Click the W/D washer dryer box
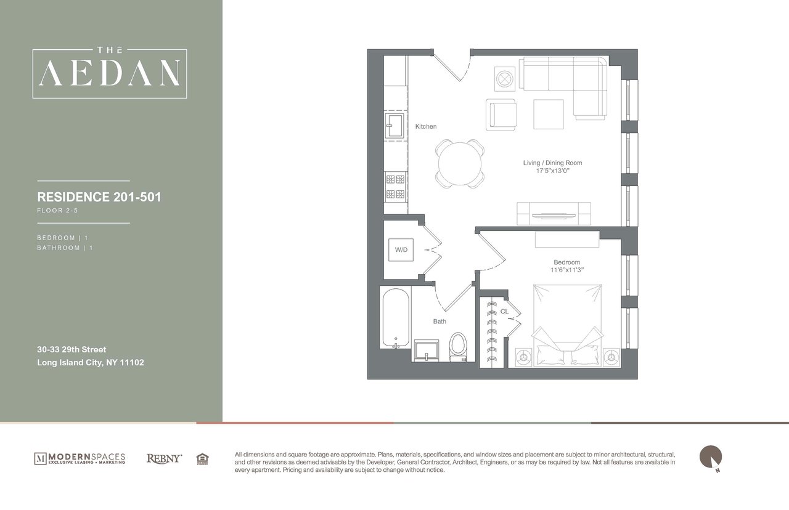pyautogui.click(x=401, y=249)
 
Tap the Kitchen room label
pyautogui.click(x=425, y=126)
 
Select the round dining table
pyautogui.click(x=459, y=163)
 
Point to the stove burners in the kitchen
pyautogui.click(x=394, y=187)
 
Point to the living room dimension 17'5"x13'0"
pyautogui.click(x=552, y=171)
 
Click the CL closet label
pyautogui.click(x=504, y=312)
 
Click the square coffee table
pyautogui.click(x=549, y=114)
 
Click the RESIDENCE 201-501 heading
pyautogui.click(x=99, y=197)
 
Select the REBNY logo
pyautogui.click(x=164, y=458)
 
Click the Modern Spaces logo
pyautogui.click(x=80, y=458)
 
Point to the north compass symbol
pyautogui.click(x=710, y=458)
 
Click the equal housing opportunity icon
pyautogui.click(x=202, y=458)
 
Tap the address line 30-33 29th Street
pyautogui.click(x=72, y=349)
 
